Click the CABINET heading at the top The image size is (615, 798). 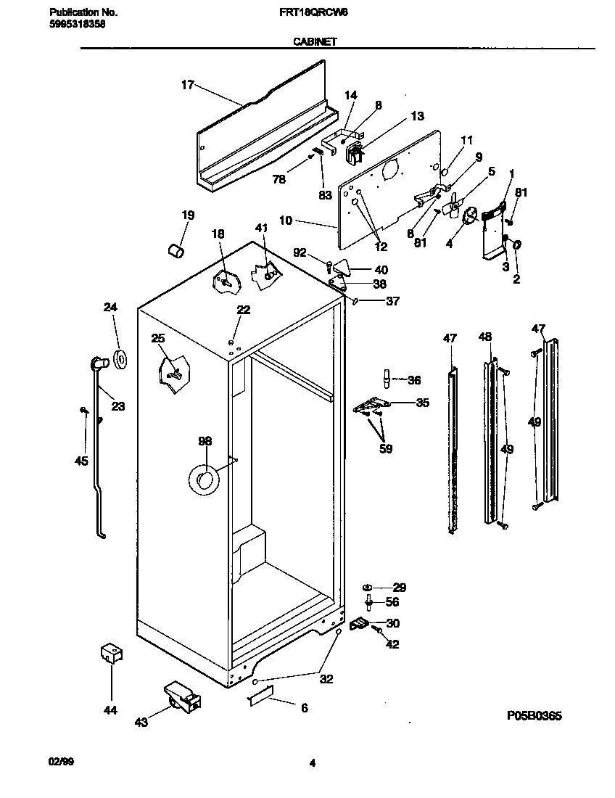(314, 42)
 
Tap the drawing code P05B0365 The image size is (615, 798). (534, 715)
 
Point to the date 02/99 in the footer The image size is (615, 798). (60, 762)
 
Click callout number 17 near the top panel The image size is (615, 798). (187, 85)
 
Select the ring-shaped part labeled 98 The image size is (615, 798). (204, 480)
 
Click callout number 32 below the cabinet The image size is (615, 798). (326, 679)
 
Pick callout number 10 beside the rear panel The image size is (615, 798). (285, 220)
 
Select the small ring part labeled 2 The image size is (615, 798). (517, 246)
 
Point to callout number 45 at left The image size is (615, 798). (81, 461)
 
